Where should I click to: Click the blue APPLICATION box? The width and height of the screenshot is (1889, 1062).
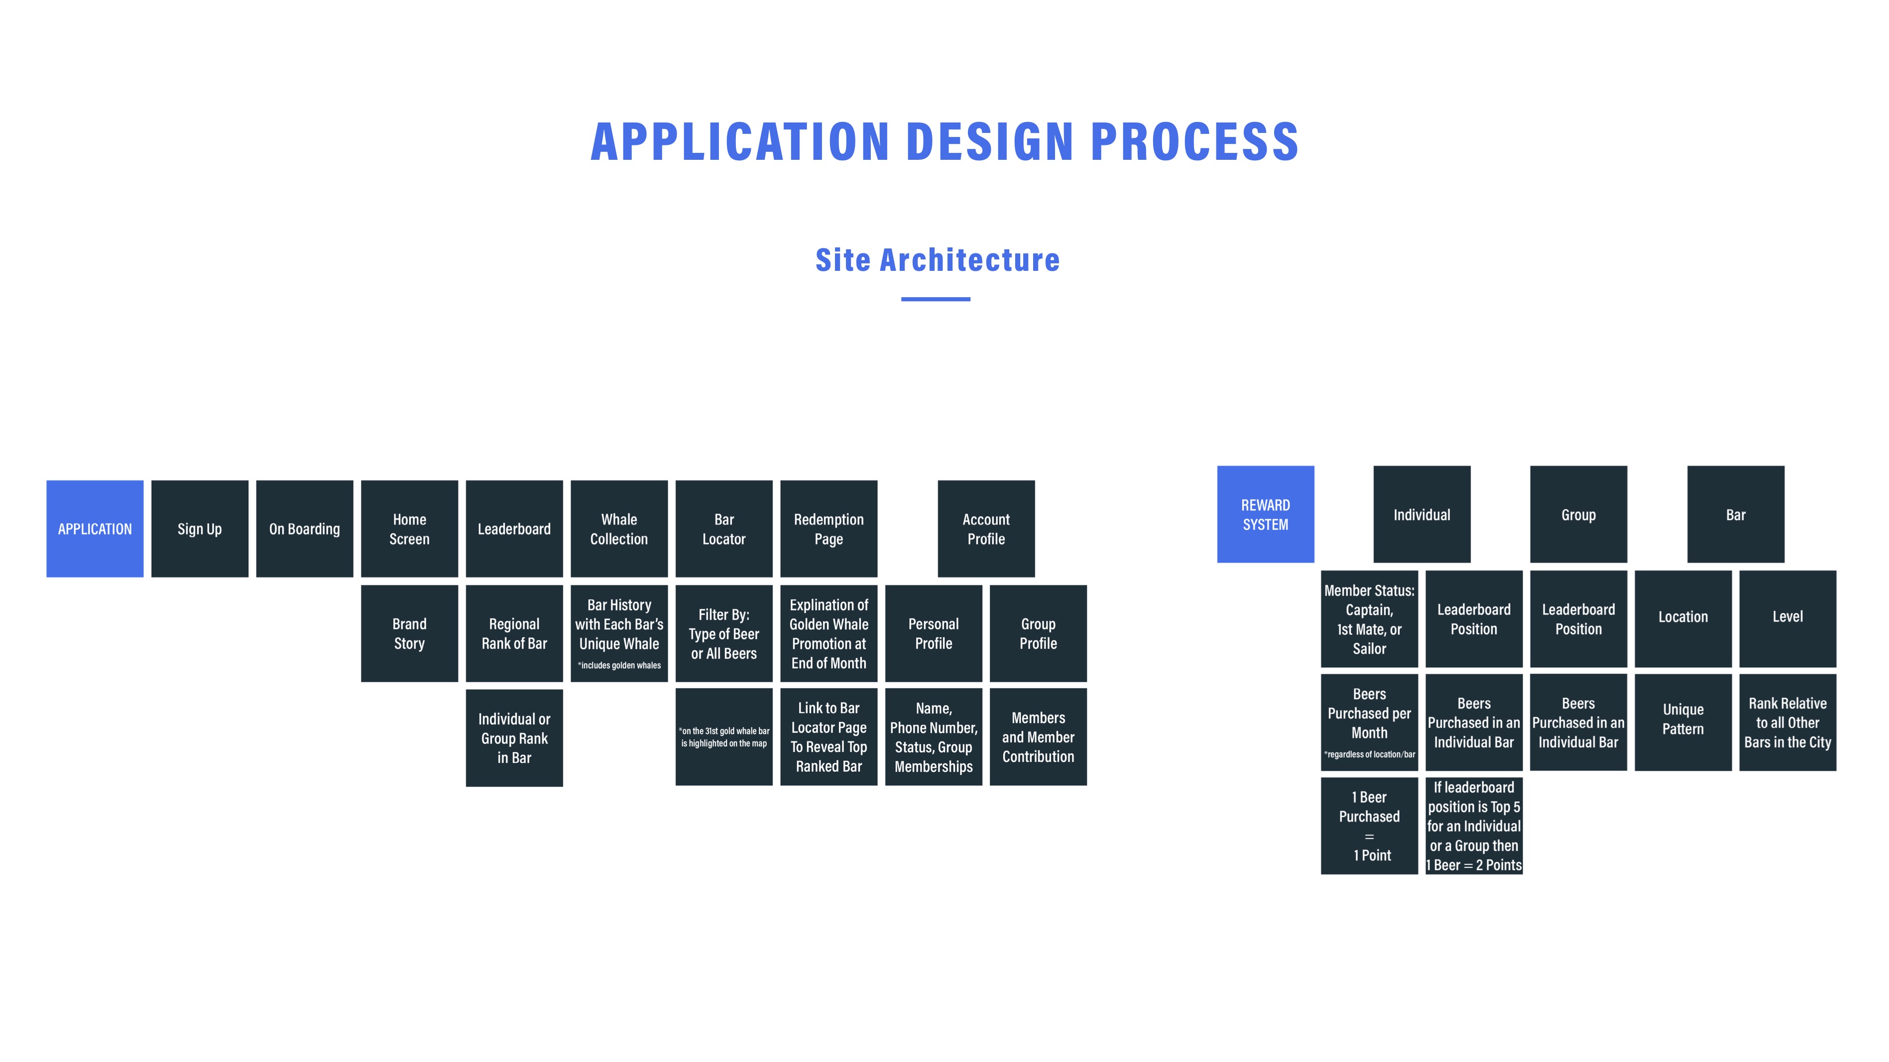pos(95,529)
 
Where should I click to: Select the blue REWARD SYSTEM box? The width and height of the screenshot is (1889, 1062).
pos(1266,514)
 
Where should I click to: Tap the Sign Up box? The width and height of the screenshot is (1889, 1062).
pos(200,529)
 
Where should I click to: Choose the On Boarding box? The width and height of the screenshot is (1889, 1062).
pos(304,529)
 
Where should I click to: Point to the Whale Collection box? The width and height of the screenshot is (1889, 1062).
pos(619,529)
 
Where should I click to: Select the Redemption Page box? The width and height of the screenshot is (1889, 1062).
pos(828,529)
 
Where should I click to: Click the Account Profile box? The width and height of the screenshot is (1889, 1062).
pos(986,529)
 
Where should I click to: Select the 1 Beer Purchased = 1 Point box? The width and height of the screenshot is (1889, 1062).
pos(1369,826)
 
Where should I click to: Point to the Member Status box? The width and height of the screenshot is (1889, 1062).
pos(1369,619)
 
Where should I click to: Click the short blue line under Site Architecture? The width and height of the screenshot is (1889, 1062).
pos(936,299)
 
